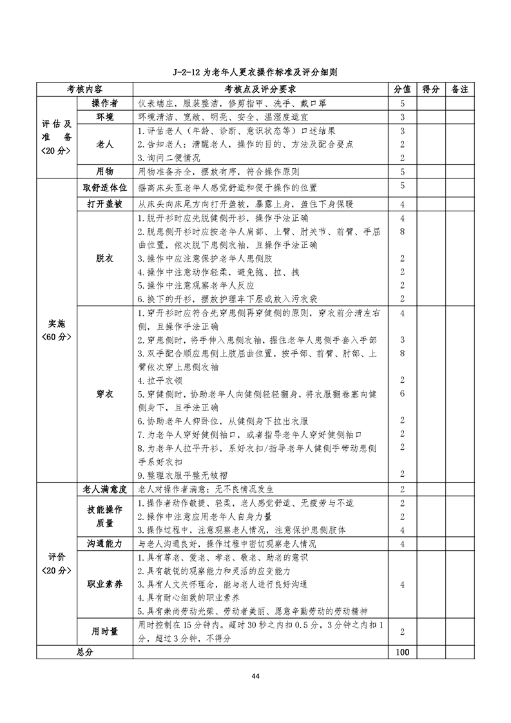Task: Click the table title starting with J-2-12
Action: tap(255, 72)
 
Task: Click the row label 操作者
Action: tap(104, 103)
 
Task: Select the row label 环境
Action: tap(104, 117)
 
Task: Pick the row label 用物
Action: tap(104, 171)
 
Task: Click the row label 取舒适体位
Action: tap(104, 187)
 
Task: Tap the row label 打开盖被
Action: tap(104, 204)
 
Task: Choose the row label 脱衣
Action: tap(104, 258)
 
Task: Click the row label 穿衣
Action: tap(104, 393)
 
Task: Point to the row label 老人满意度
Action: tap(104, 489)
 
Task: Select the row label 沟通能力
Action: tap(104, 544)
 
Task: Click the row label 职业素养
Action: tap(104, 584)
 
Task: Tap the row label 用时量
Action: tap(104, 631)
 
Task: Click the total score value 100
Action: tap(402, 652)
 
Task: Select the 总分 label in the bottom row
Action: tap(85, 652)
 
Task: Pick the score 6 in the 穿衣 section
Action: tap(402, 393)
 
